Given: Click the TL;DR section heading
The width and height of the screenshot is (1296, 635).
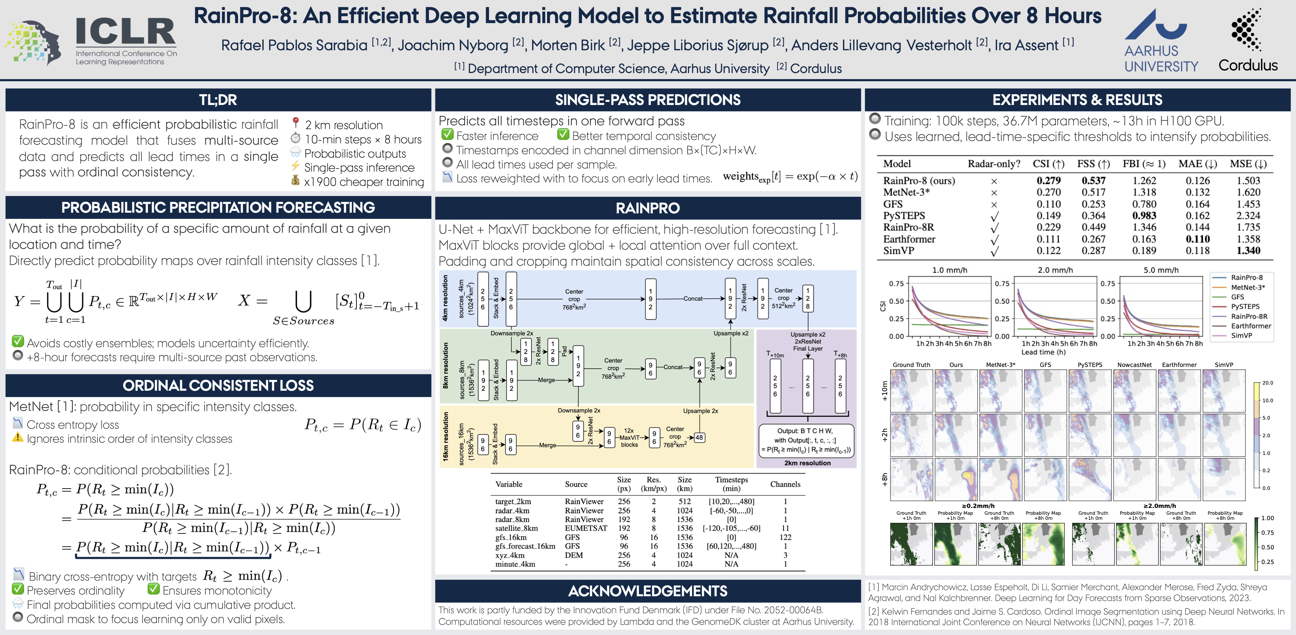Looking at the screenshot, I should (218, 100).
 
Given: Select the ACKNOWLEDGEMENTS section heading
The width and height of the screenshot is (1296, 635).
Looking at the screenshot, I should (647, 591).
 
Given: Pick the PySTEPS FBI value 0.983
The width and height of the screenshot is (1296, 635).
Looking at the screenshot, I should (1144, 215).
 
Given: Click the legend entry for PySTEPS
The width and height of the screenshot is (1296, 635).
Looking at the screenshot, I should (1245, 307).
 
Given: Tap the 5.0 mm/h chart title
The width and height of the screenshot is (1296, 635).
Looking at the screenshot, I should (1161, 270).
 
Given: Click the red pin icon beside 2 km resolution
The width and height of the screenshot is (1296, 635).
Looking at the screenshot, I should (296, 123).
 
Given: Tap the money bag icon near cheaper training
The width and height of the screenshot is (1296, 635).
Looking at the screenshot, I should (296, 181).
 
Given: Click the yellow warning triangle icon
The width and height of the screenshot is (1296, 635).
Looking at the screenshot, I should (18, 438).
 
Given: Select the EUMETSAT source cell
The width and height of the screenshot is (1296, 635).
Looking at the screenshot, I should (586, 528).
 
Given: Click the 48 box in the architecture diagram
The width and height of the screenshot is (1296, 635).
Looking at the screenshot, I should (699, 438).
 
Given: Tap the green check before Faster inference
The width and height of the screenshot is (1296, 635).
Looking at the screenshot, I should (447, 135).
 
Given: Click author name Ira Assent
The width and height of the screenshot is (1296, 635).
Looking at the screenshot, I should (1026, 45).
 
